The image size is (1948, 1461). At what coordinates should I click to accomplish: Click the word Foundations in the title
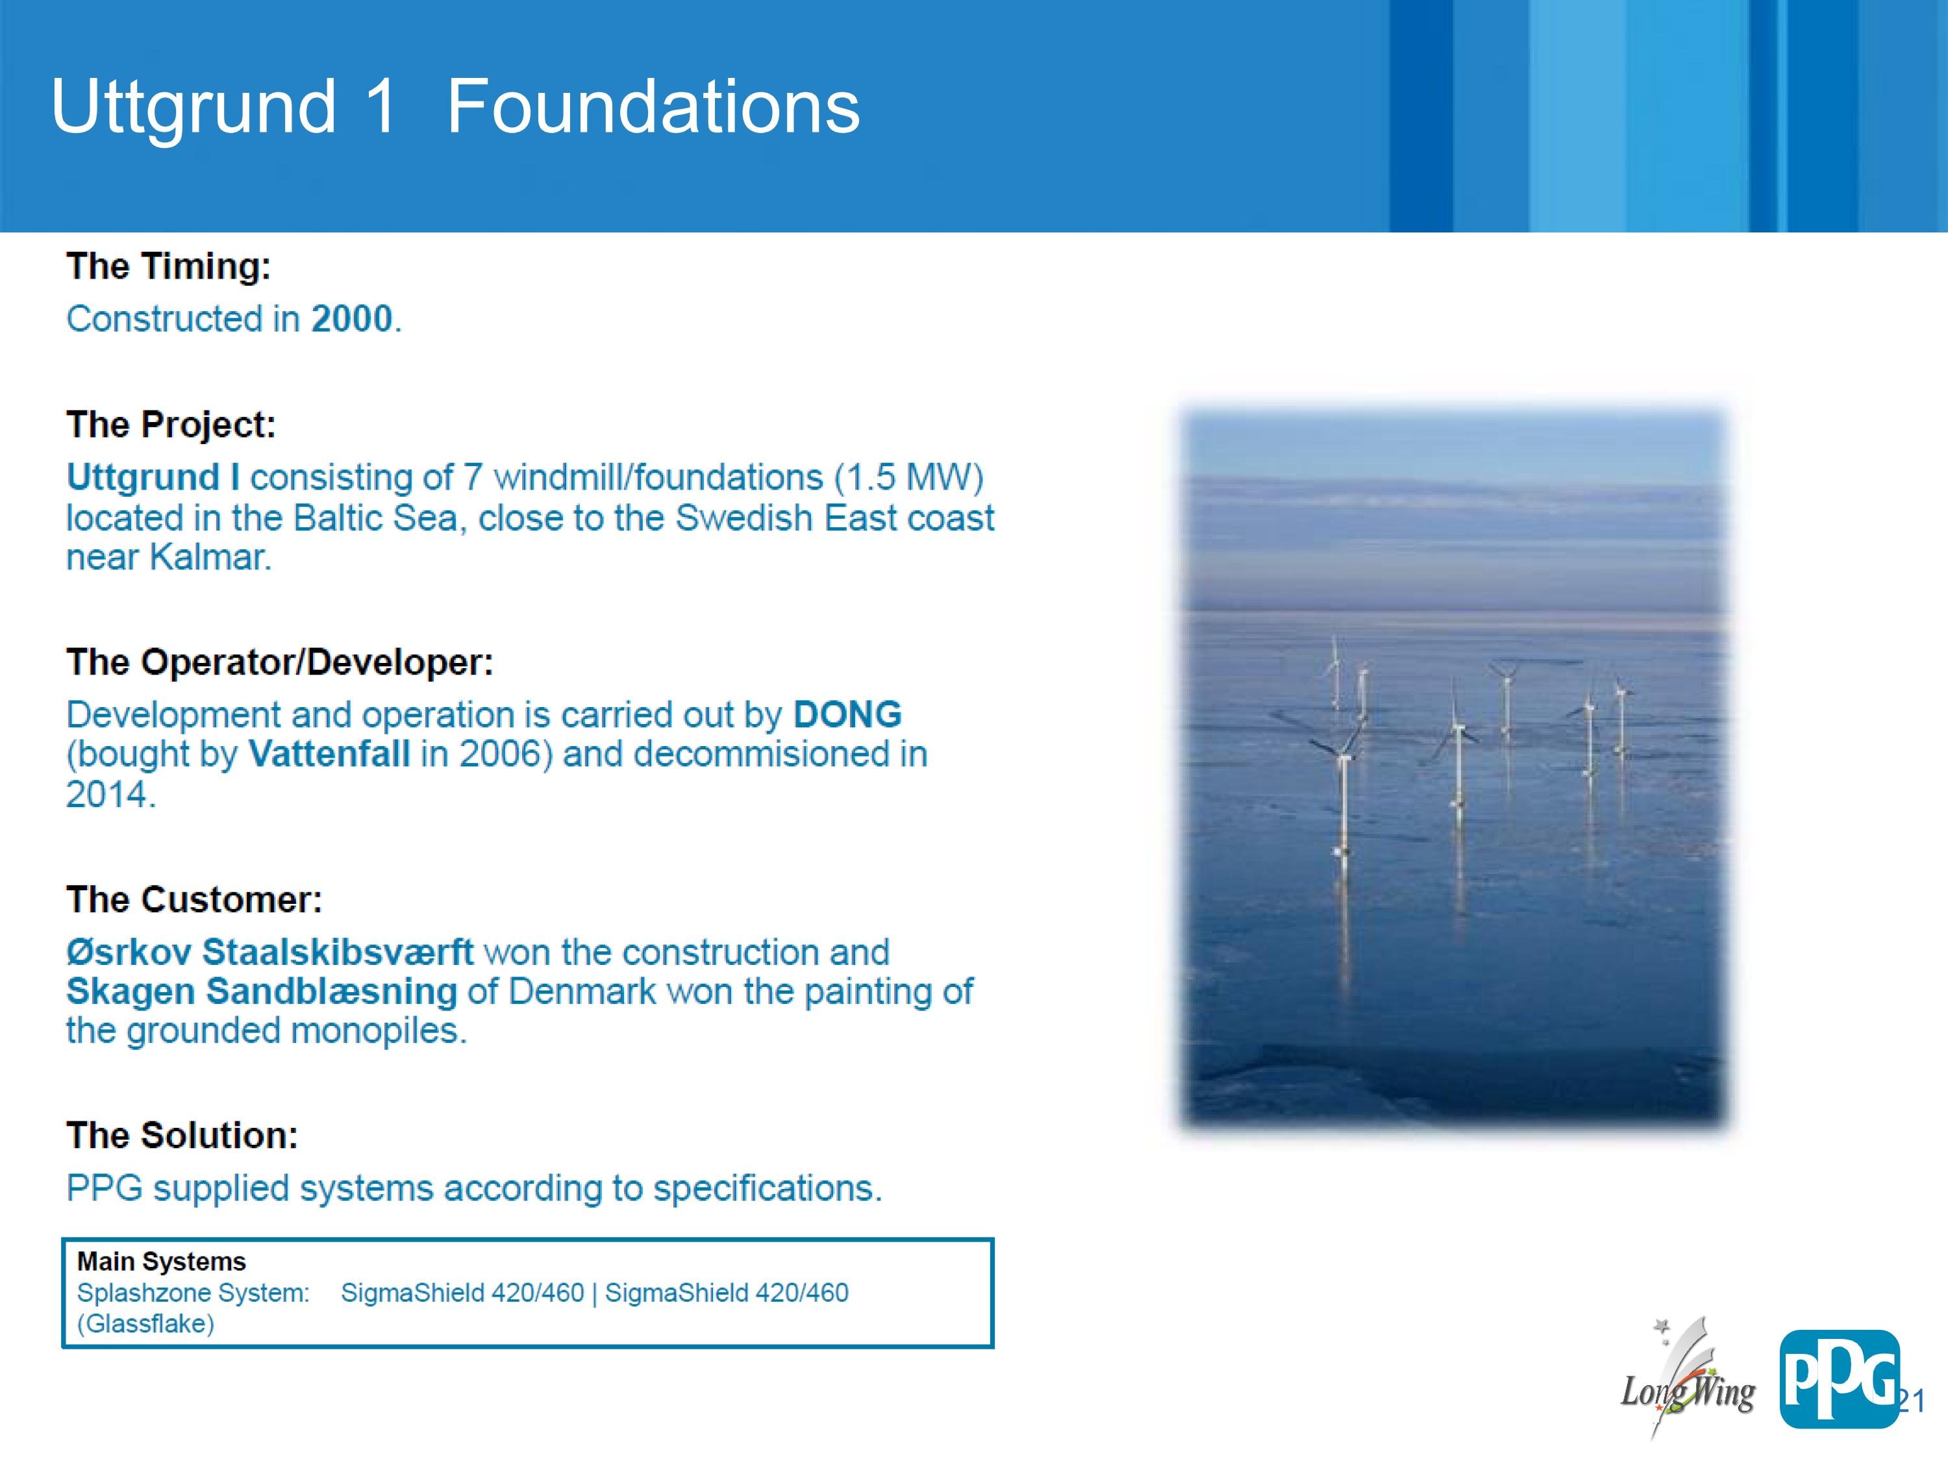pos(653,106)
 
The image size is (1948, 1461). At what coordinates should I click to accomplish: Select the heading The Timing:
pos(169,267)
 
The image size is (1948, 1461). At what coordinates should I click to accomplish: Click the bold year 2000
pos(351,319)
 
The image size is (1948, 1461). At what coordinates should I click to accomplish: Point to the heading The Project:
pos(171,425)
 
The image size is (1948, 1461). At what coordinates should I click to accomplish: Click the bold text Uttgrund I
pos(153,477)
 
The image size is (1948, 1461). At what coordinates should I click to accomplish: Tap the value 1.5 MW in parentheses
pos(910,477)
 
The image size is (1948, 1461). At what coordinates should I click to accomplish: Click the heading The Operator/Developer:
pos(280,662)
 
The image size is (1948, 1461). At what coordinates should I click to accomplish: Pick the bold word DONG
pos(847,714)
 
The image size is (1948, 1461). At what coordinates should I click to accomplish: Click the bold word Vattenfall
pos(329,754)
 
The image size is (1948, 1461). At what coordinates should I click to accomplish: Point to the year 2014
pos(110,794)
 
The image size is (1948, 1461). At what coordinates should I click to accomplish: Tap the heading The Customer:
pos(195,900)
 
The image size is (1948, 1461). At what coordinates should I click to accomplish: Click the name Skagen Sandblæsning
pos(262,992)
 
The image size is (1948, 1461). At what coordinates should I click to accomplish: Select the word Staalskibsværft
pos(338,952)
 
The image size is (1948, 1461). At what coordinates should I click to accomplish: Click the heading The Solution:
pos(182,1135)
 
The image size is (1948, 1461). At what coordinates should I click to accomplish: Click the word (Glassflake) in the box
pos(146,1323)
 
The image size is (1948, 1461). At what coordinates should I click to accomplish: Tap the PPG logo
pos(1839,1379)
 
